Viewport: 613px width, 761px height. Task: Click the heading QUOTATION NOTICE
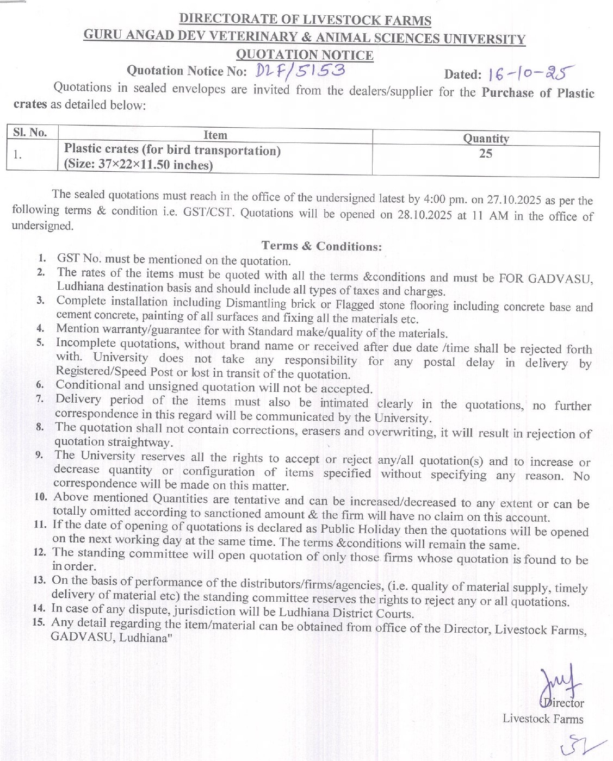pyautogui.click(x=305, y=55)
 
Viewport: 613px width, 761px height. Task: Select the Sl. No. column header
pyautogui.click(x=30, y=133)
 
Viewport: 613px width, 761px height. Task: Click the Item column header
pyautogui.click(x=215, y=135)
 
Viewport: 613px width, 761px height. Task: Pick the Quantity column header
pyautogui.click(x=486, y=139)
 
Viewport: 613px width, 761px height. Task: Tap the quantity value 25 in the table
pyautogui.click(x=486, y=154)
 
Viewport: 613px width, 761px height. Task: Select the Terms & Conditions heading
pyautogui.click(x=321, y=246)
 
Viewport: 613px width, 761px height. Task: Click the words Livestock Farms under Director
pyautogui.click(x=542, y=719)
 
